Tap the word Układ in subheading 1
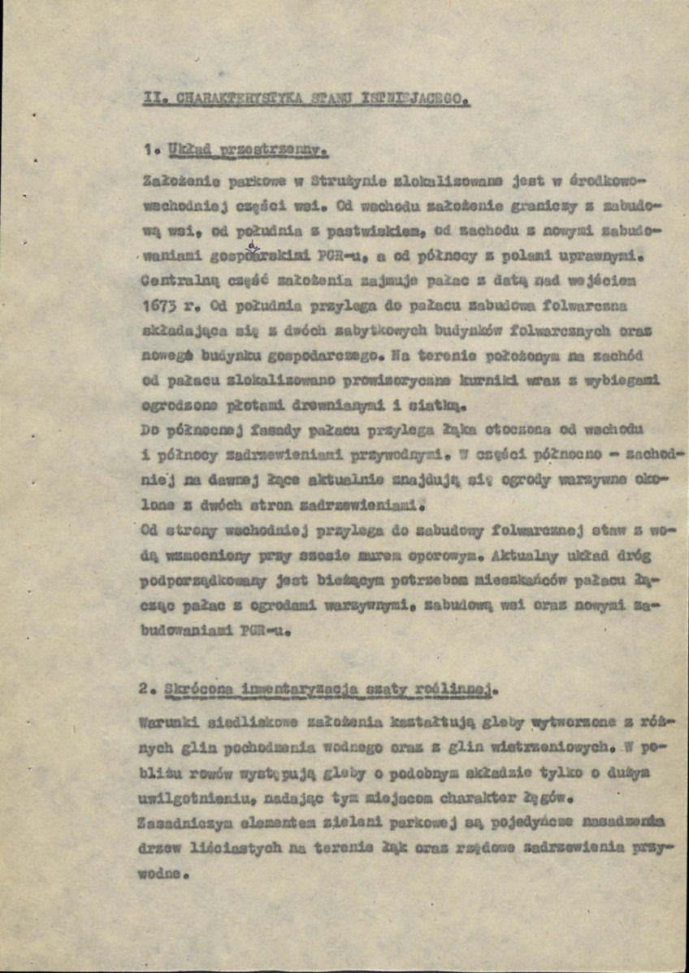[187, 151]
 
